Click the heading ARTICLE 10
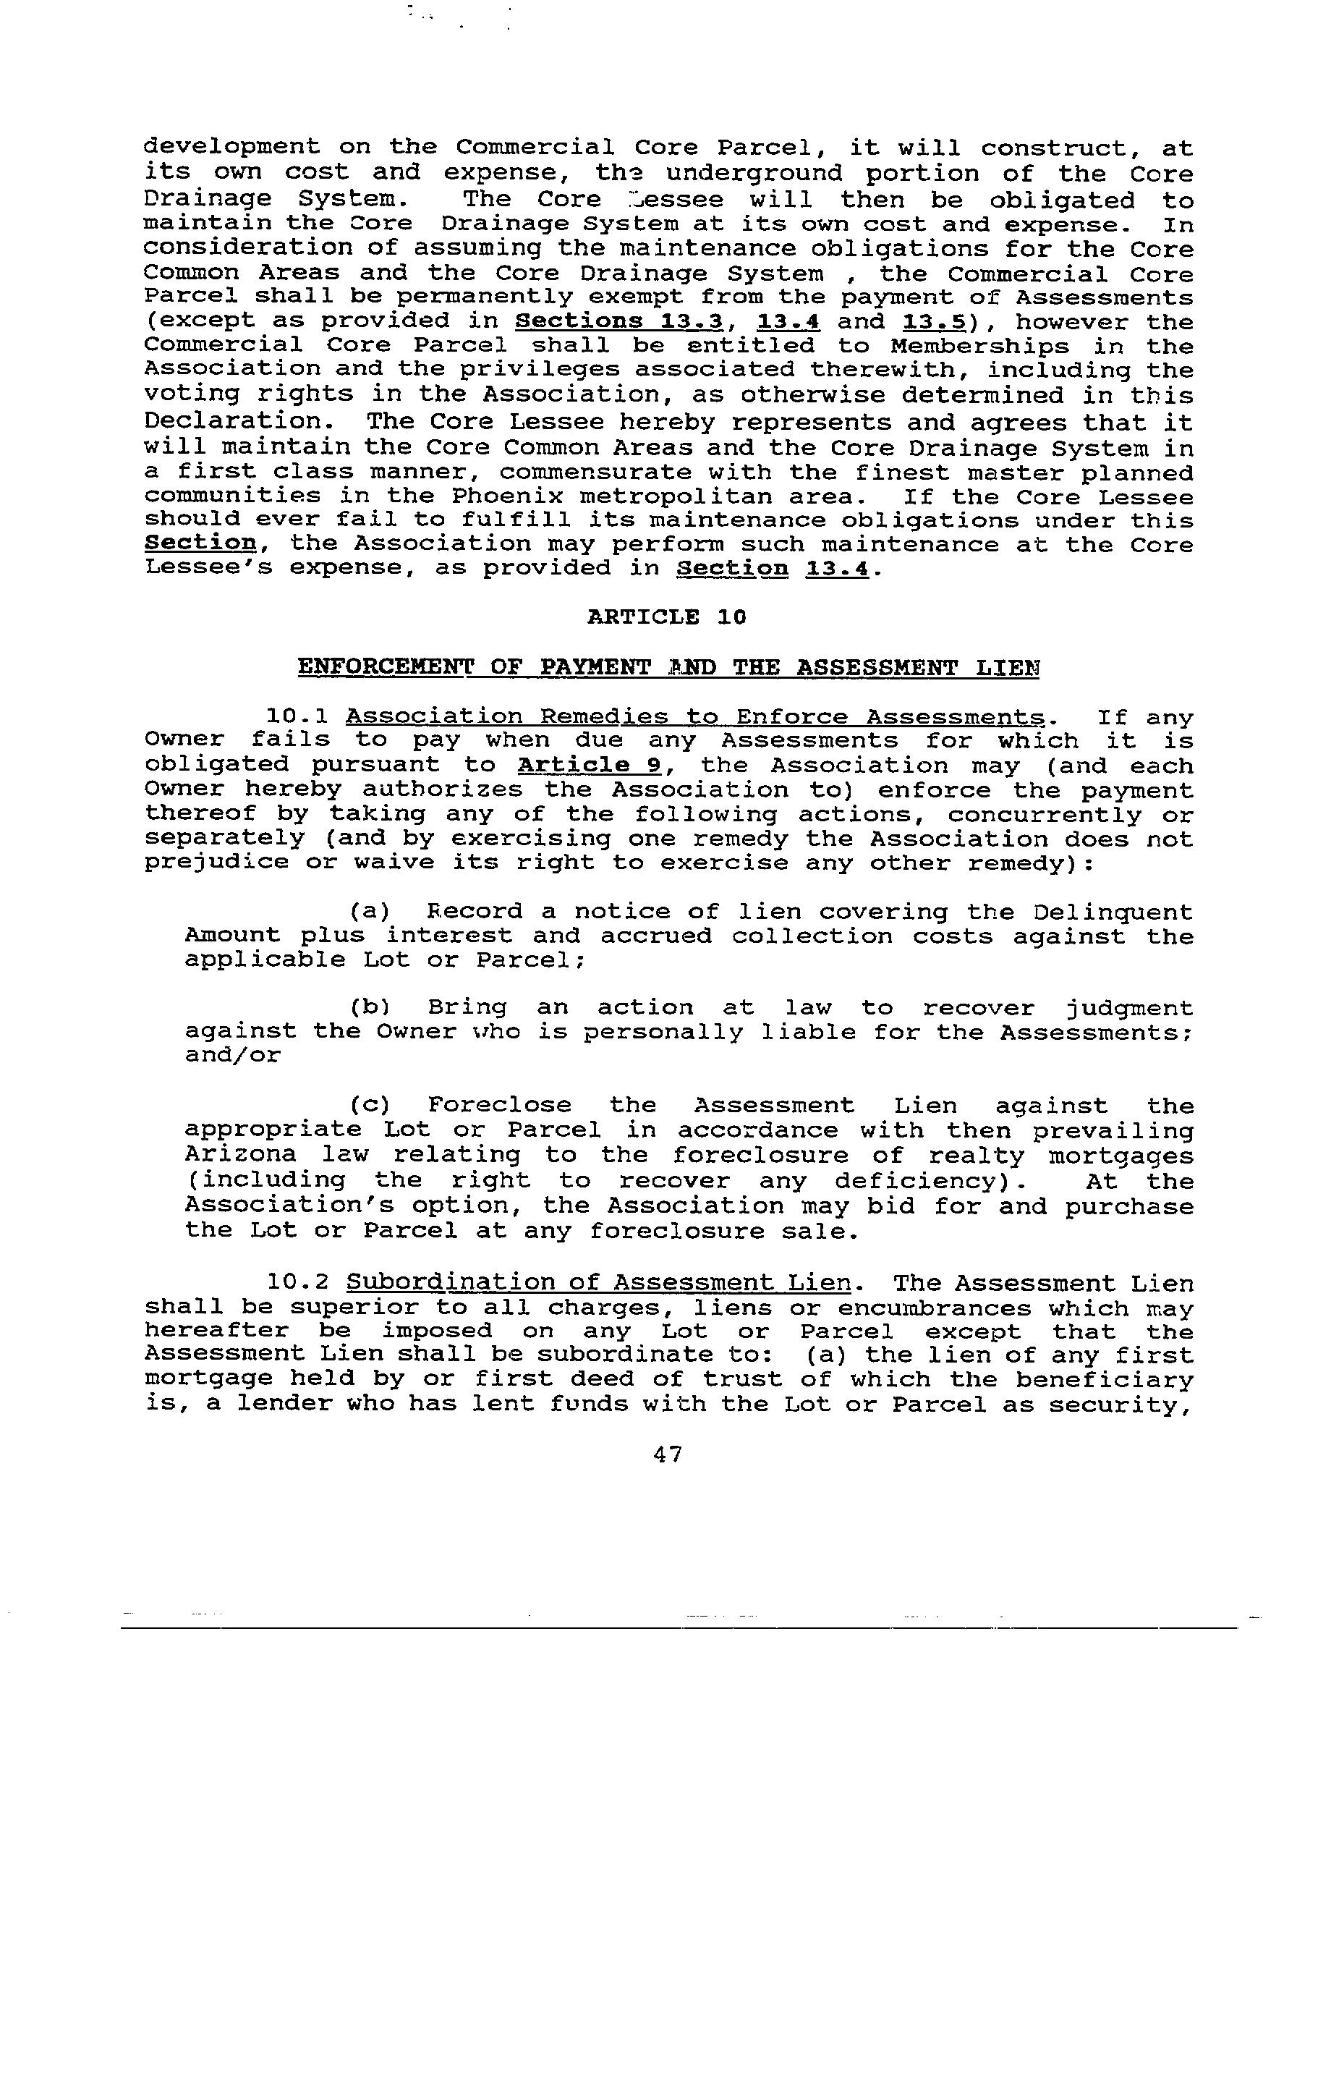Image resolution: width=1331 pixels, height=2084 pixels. tap(665, 617)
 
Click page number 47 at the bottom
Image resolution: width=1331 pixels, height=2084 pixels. tap(667, 1454)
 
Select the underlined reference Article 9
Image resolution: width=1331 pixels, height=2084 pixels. tap(590, 766)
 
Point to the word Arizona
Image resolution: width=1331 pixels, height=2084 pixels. tap(241, 1156)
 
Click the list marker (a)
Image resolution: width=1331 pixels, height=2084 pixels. tap(370, 912)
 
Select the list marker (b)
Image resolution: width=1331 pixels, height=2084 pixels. tap(370, 1008)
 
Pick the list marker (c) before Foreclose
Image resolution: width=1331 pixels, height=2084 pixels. tap(370, 1106)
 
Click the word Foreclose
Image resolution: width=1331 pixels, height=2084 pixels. tap(499, 1106)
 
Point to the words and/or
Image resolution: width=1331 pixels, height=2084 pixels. tap(233, 1056)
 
